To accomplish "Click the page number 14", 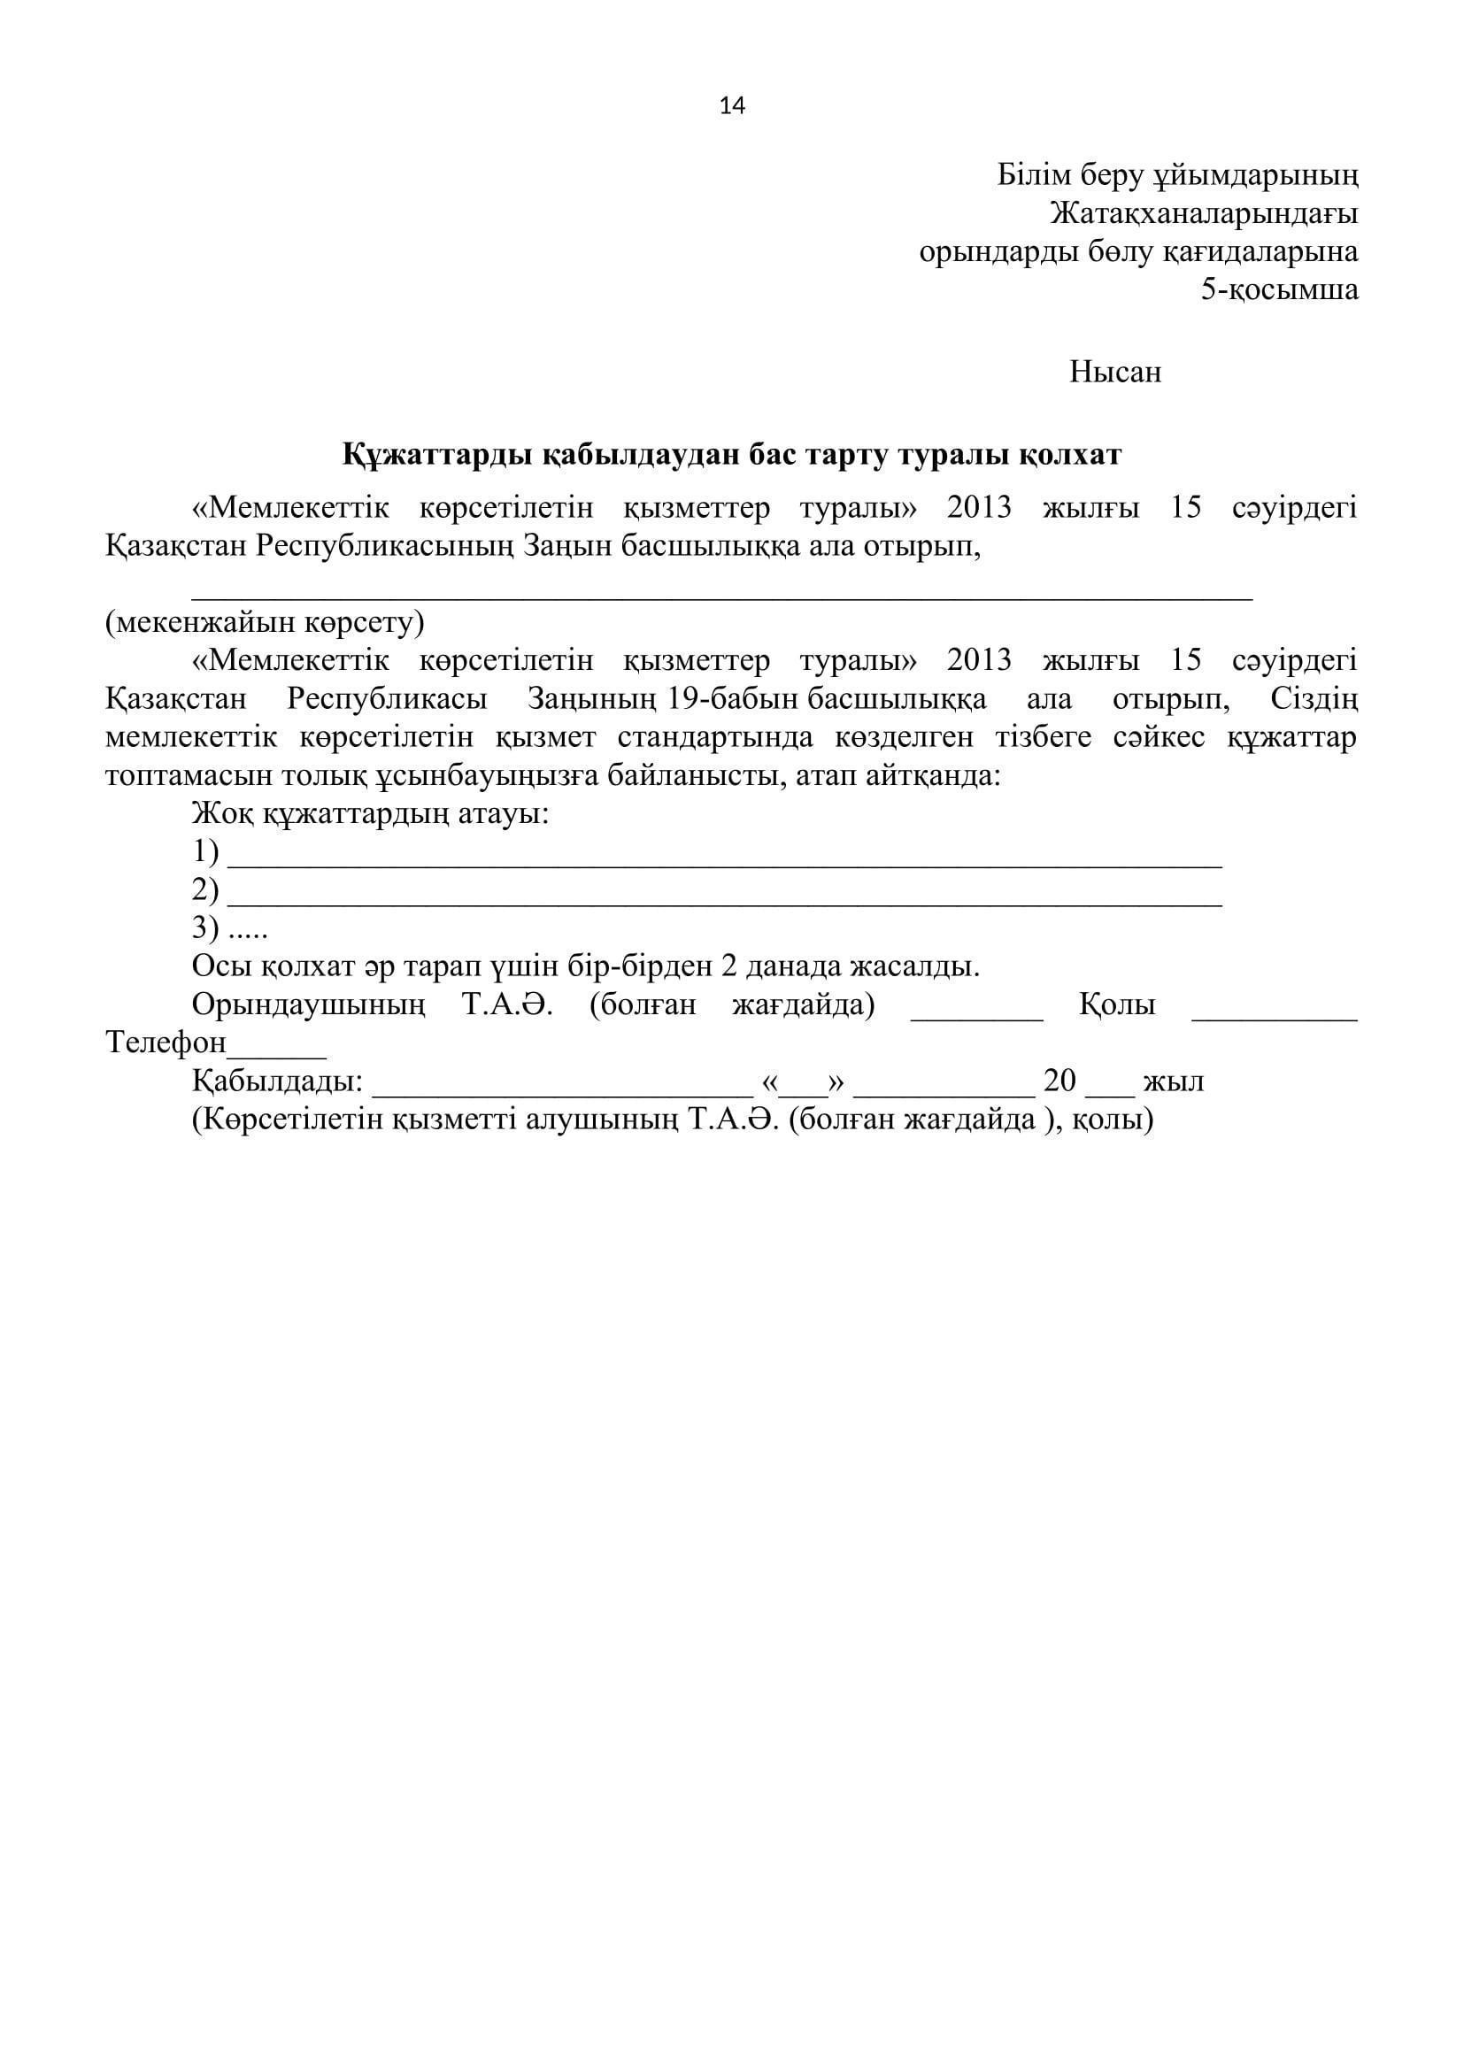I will pos(732,106).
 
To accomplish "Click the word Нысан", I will pos(1115,372).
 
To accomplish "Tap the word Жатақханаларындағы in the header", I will pos(1205,213).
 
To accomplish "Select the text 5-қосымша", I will pos(1279,289).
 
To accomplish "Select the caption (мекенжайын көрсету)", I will pos(264,622).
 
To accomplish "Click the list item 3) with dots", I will pos(230,927).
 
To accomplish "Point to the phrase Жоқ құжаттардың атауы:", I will pos(371,815).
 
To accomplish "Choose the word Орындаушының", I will pos(308,1004).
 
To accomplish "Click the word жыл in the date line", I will pos(1173,1081).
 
